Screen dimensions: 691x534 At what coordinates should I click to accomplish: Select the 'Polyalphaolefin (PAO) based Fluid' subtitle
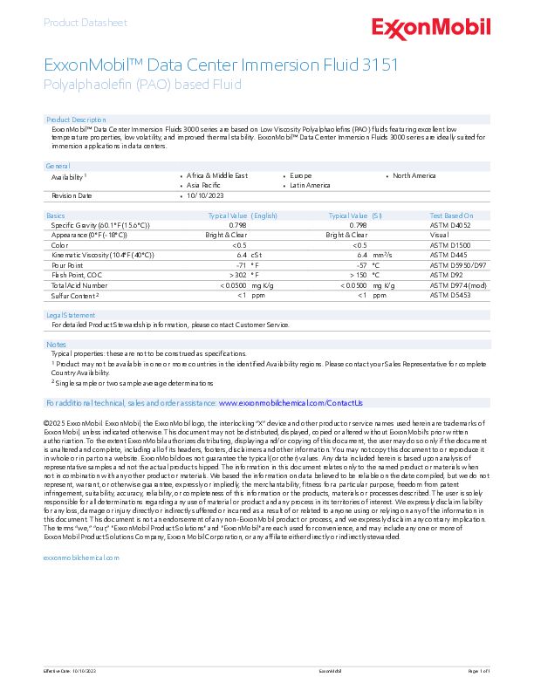142,85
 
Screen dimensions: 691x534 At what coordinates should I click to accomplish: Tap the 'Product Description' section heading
76,119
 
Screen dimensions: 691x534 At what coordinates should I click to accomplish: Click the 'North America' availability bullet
414,175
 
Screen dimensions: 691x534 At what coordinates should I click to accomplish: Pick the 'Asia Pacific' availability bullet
202,185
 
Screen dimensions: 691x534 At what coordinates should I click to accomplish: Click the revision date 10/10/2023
205,195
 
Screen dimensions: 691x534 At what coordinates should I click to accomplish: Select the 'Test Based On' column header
451,215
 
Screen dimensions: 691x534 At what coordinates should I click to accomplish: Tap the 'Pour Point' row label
67,263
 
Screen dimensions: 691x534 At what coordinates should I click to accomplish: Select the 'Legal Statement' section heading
71,315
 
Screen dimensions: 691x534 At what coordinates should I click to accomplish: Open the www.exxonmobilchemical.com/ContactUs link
291,403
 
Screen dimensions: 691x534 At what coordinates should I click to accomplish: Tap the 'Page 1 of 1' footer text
480,670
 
